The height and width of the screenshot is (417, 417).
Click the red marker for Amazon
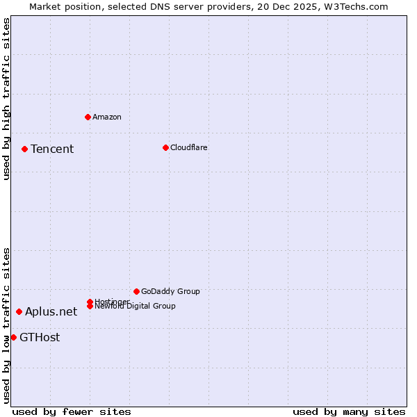[x=88, y=117]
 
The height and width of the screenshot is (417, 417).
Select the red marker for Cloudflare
[x=165, y=147]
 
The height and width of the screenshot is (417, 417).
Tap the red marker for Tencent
[x=24, y=149]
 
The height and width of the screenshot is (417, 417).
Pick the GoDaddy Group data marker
[x=136, y=291]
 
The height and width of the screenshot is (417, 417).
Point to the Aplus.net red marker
[x=19, y=311]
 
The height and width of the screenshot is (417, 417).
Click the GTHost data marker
[x=13, y=337]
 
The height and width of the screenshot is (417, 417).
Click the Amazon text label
[x=107, y=117]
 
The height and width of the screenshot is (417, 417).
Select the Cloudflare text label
[x=189, y=147]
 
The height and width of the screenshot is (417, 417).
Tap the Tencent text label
[x=52, y=149]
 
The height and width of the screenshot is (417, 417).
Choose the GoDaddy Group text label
[x=170, y=291]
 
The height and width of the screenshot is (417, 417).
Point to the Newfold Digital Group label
[x=136, y=306]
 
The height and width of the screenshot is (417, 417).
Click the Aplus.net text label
[x=51, y=311]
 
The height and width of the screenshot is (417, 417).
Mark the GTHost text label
[x=40, y=338]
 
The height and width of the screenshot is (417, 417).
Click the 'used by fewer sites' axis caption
[x=72, y=411]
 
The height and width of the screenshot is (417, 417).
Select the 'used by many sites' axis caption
[x=349, y=411]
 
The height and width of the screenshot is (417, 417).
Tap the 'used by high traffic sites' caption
[x=7, y=99]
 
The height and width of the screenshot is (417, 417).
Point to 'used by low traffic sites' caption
[x=7, y=325]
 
